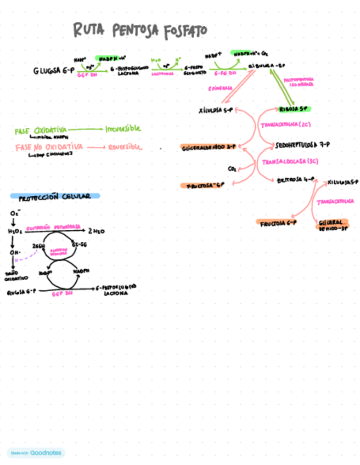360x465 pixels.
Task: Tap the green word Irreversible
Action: coord(123,128)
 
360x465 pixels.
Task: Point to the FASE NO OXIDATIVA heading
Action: coord(49,147)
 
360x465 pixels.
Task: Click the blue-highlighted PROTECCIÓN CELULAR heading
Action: coord(54,196)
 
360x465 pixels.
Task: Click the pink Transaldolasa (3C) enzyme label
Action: coord(290,162)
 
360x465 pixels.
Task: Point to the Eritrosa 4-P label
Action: coord(295,179)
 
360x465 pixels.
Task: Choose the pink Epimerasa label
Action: coord(220,88)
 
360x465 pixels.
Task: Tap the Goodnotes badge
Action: coord(36,452)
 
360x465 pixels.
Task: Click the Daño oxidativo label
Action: coord(13,275)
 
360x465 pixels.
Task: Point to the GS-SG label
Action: coord(79,245)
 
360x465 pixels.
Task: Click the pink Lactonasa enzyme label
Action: coord(162,73)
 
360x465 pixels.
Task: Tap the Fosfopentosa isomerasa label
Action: coord(299,82)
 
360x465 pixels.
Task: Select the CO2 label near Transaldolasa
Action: coord(232,168)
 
